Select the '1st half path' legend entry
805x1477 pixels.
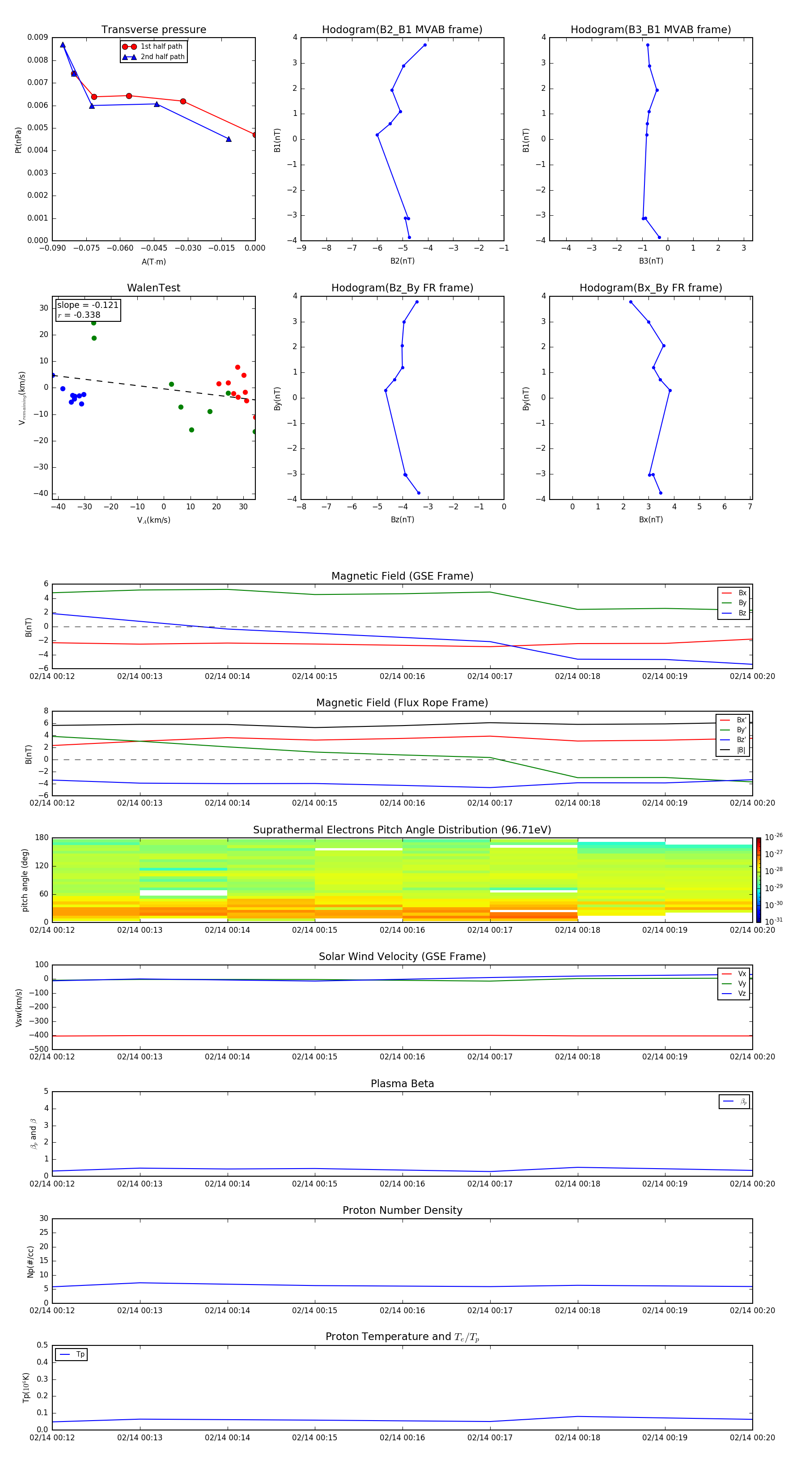click(x=161, y=47)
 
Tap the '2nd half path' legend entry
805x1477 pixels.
click(x=162, y=57)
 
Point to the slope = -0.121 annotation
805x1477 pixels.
click(x=88, y=305)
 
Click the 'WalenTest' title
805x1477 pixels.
click(x=153, y=288)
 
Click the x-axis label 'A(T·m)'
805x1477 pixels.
click(x=153, y=261)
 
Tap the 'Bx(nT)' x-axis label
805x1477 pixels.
click(x=651, y=520)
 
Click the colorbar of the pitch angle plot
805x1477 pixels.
click(x=758, y=880)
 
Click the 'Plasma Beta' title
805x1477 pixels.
click(x=402, y=1084)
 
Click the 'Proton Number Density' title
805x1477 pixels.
click(x=402, y=1210)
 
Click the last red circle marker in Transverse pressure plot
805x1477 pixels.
click(x=255, y=135)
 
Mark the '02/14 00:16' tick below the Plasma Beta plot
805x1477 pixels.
click(x=402, y=1184)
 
